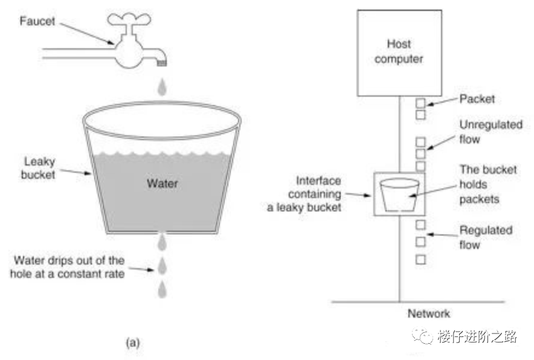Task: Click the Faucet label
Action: coord(37,21)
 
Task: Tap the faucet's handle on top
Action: coord(129,19)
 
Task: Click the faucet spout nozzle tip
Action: coord(162,63)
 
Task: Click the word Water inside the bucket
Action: coord(162,184)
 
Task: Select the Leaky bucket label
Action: coord(38,168)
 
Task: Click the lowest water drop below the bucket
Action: coord(162,289)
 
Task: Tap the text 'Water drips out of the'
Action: coord(69,260)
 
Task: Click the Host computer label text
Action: coord(399,51)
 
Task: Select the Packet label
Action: coord(477,99)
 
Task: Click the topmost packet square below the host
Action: coord(420,103)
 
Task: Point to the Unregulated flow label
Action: coord(491,132)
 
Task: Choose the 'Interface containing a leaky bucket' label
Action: coord(304,194)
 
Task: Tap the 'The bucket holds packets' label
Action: coord(488,184)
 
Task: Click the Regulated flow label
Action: coord(486,237)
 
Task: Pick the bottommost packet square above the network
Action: coord(420,260)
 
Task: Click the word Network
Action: coord(429,313)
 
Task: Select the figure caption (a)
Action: coord(133,342)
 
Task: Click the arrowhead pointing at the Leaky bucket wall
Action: coord(88,173)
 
